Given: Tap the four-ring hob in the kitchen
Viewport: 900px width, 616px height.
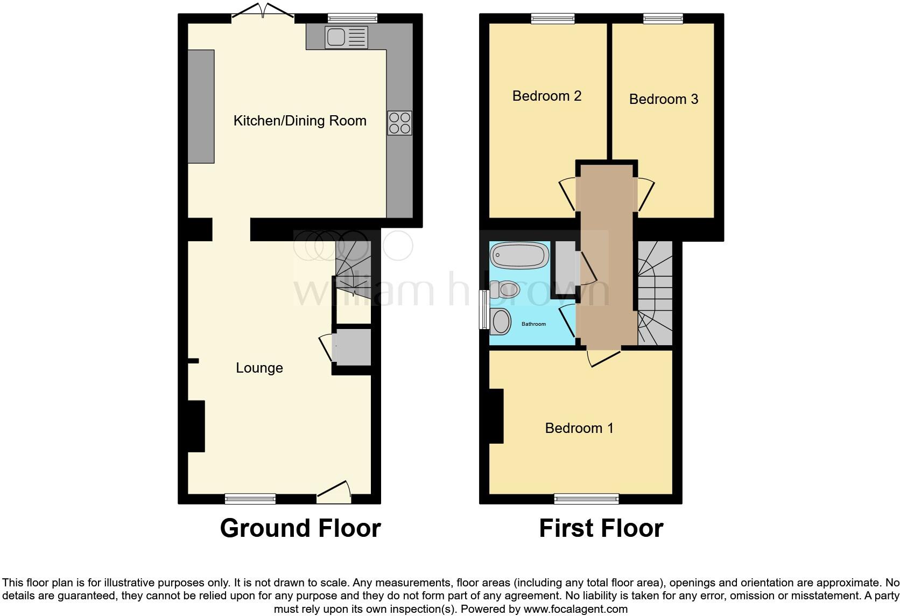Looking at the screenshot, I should coord(399,123).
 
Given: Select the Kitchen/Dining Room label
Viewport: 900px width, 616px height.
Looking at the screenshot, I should coord(300,121).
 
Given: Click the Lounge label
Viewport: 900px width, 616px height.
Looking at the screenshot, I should coord(259,368).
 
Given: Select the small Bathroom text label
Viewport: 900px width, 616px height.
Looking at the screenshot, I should coord(533,324).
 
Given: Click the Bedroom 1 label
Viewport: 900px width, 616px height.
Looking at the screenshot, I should coord(579,428).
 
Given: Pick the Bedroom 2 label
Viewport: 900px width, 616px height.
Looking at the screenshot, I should coord(547,96).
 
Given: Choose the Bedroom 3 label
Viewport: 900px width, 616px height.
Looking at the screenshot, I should coord(664,100).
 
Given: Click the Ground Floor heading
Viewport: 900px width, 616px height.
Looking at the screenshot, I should coord(300,528).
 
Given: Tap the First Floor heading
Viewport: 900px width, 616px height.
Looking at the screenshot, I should coord(601,528).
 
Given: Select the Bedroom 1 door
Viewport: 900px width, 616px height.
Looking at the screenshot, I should coord(603,358).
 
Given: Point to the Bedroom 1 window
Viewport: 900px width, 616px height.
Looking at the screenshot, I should coord(586,499).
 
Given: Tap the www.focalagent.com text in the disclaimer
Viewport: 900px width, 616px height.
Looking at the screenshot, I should coord(575,610).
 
